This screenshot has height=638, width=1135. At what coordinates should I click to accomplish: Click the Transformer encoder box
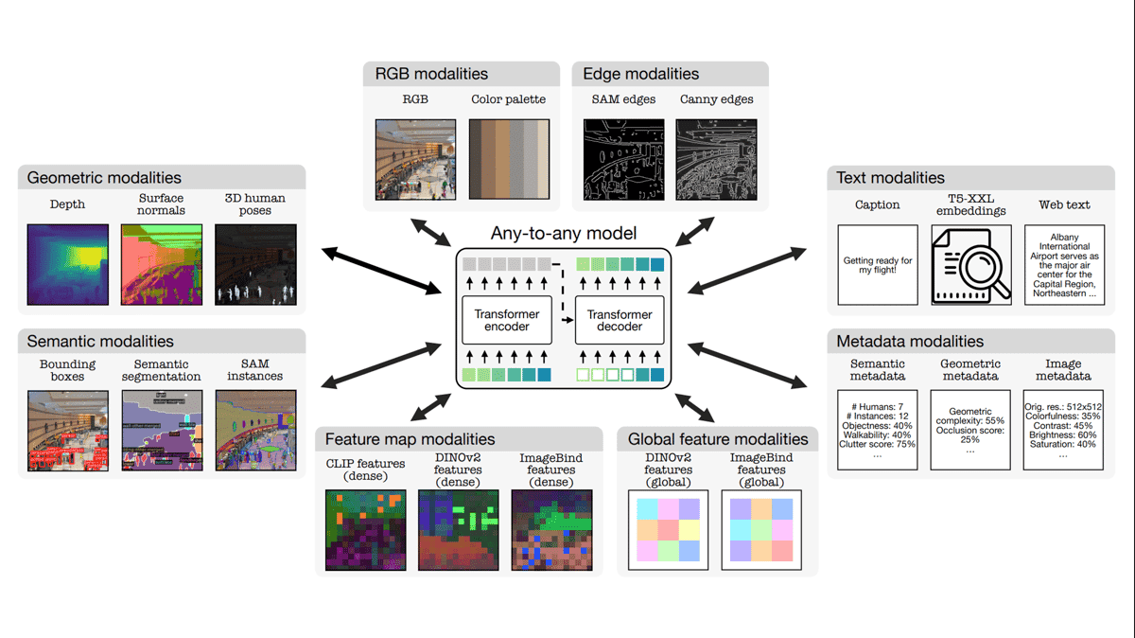point(507,320)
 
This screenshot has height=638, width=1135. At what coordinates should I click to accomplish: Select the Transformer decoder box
point(620,320)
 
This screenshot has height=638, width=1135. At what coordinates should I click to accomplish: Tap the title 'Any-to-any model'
point(564,233)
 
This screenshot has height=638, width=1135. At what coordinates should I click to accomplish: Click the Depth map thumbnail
point(67,264)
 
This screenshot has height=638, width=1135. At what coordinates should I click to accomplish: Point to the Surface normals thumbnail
point(161,264)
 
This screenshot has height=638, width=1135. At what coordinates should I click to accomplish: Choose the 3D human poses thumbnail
point(255,264)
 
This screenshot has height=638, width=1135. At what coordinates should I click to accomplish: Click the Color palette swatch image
point(508,159)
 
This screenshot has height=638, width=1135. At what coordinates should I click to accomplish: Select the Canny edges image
point(716,159)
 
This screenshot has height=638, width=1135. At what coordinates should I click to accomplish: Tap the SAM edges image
point(623,159)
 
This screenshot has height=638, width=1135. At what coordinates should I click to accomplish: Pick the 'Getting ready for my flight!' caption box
point(878,265)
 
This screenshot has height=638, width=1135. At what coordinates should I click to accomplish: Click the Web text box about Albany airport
point(1064,265)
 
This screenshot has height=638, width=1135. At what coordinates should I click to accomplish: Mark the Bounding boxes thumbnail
point(67,431)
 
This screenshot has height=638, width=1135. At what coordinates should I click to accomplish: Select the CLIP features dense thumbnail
point(365,530)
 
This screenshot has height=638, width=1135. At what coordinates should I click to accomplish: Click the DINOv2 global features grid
point(668,530)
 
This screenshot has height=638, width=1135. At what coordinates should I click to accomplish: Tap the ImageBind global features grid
point(761,530)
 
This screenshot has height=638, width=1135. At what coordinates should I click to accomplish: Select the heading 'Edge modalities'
point(640,74)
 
